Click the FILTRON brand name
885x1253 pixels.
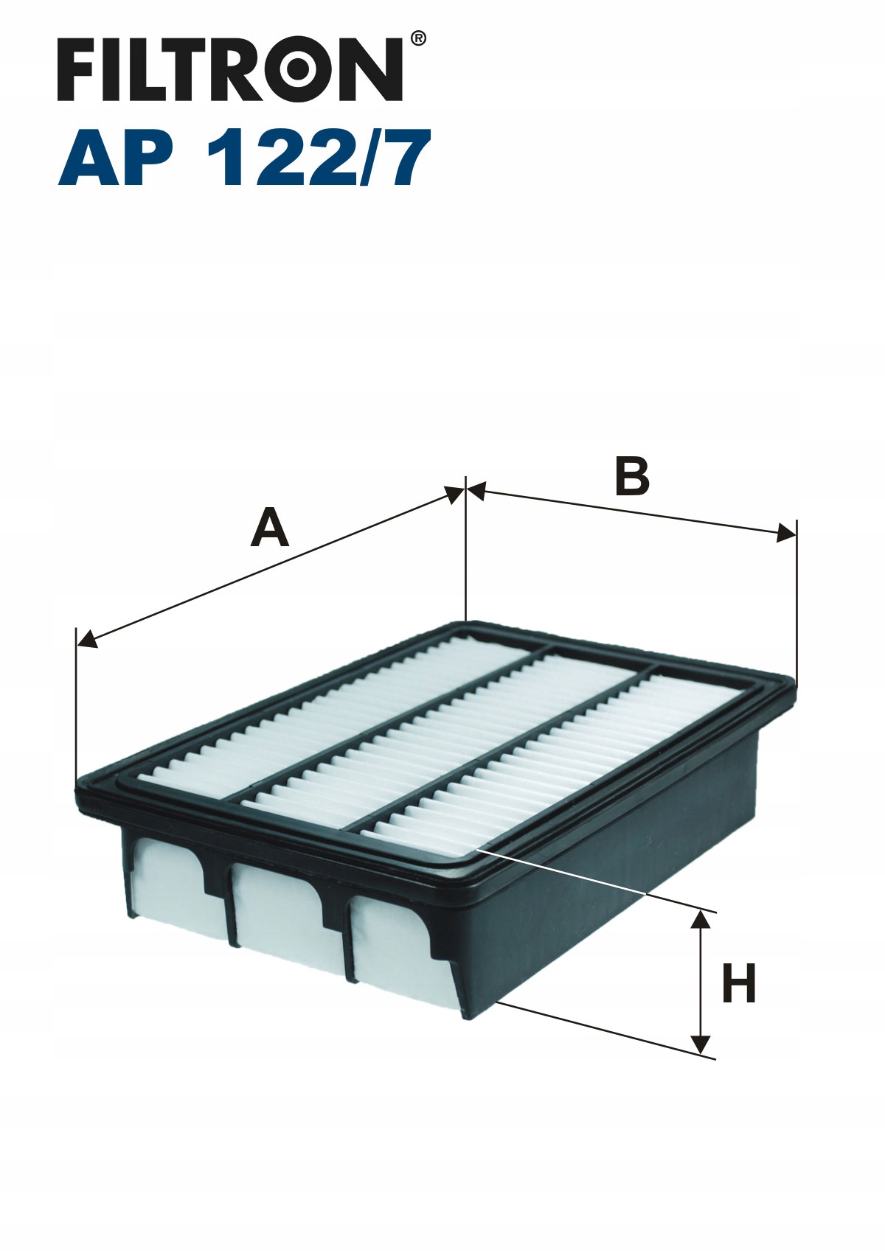click(x=230, y=69)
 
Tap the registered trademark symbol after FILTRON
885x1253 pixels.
click(x=418, y=38)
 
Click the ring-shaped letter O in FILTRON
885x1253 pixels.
click(x=301, y=69)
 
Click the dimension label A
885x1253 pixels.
click(x=270, y=527)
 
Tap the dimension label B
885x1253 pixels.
click(x=632, y=476)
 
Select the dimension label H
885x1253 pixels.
click(x=740, y=983)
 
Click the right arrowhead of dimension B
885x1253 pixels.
click(x=785, y=534)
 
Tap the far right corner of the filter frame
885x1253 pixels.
click(x=794, y=683)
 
